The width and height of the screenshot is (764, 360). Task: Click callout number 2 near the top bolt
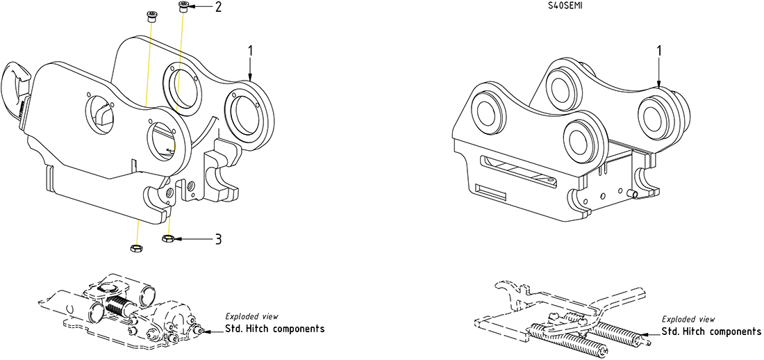pos(217,8)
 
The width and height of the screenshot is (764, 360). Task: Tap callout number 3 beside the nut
pos(218,239)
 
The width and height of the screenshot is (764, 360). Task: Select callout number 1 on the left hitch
pos(251,51)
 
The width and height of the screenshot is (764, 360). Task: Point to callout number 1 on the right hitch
pos(659,51)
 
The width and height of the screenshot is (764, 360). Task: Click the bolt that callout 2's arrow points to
pos(183,8)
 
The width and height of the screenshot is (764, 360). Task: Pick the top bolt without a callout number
pos(151,16)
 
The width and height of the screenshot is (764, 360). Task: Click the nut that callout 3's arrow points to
pos(167,238)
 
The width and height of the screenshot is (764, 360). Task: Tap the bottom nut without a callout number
pos(135,248)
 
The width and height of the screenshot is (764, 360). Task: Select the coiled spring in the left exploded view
pos(116,306)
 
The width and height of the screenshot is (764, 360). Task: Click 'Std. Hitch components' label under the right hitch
pos(711,332)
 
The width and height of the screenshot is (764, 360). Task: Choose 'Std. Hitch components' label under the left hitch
pos(275,329)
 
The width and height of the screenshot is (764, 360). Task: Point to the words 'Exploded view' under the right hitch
pos(688,320)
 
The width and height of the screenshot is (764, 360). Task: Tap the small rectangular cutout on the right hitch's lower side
pos(490,193)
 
